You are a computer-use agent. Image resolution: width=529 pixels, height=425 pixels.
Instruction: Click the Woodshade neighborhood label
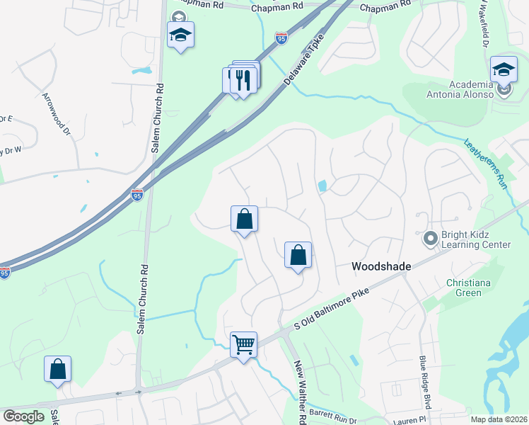click(382, 266)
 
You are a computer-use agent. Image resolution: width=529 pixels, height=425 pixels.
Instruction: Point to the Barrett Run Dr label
click(333, 416)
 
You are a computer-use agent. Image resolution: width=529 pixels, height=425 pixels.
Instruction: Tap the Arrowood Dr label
click(57, 113)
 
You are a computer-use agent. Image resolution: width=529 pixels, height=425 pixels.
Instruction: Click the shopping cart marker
click(243, 345)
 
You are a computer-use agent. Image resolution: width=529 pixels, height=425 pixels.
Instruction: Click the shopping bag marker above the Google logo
click(57, 369)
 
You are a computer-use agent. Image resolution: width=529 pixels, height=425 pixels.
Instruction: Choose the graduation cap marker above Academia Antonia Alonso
click(504, 69)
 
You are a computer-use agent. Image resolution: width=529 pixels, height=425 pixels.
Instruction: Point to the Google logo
click(23, 416)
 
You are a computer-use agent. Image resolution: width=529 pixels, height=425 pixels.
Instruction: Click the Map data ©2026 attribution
click(499, 419)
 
